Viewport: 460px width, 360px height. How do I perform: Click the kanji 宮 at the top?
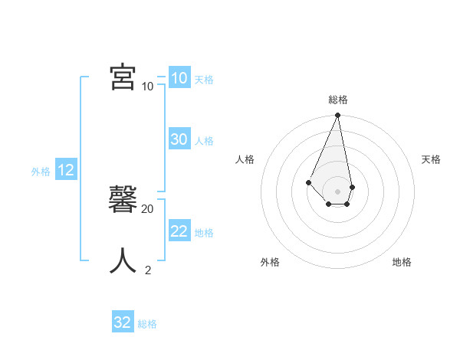(x=123, y=76)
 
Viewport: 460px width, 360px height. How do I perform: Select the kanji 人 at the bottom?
(x=123, y=260)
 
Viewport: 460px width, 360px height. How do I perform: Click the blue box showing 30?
(x=179, y=139)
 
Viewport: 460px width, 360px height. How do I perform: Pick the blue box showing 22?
(x=179, y=231)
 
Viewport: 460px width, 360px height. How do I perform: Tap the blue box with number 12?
(x=65, y=170)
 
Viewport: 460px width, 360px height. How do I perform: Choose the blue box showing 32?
(x=122, y=322)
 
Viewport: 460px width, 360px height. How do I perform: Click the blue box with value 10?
(x=179, y=78)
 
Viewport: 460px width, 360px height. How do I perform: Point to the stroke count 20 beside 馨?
(x=148, y=208)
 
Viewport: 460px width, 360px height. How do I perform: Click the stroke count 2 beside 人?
(x=148, y=270)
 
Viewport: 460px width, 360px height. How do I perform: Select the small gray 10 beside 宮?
(x=147, y=86)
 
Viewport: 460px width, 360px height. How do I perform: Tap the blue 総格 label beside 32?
(x=147, y=324)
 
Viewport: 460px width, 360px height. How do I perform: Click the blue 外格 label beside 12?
(x=41, y=172)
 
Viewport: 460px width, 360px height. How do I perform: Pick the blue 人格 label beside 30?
(x=204, y=141)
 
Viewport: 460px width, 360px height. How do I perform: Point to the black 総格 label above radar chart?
(x=338, y=100)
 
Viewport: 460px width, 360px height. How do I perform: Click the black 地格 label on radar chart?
(x=402, y=262)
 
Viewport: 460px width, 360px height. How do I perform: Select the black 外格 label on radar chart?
(x=270, y=262)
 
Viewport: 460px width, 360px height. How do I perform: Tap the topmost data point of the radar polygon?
(x=337, y=116)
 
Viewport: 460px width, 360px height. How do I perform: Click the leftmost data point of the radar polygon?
(x=308, y=182)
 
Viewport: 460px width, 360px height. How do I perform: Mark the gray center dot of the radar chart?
(x=337, y=191)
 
